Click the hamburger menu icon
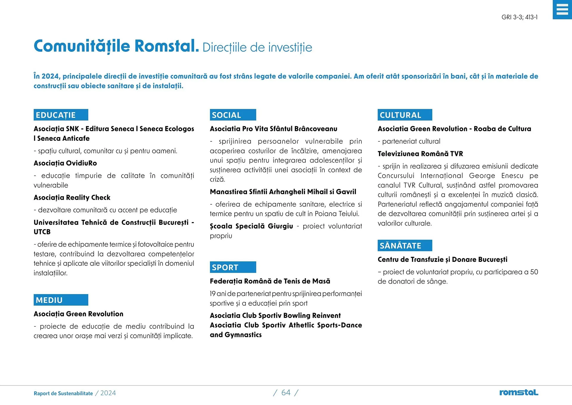click(562, 10)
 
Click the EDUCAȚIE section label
click(61, 115)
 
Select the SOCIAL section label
click(233, 115)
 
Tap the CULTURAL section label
click(405, 115)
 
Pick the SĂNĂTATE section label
click(405, 245)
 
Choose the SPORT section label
click(233, 267)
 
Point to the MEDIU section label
click(61, 300)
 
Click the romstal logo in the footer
click(519, 392)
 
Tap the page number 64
click(286, 393)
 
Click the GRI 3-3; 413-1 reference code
click(520, 17)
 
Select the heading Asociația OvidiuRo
click(65, 163)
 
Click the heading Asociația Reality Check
click(72, 197)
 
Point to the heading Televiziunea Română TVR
click(420, 154)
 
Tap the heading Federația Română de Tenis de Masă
click(270, 281)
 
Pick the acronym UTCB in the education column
click(42, 232)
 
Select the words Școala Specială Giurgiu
click(251, 226)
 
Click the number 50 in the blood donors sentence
click(534, 272)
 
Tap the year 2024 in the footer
click(108, 393)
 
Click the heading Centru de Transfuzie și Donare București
click(442, 259)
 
